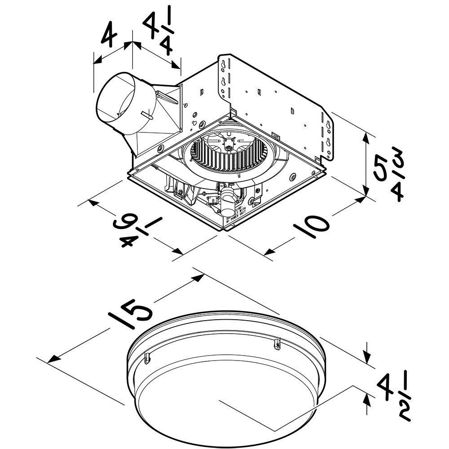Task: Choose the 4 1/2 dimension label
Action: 395,397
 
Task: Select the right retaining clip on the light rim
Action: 277,344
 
